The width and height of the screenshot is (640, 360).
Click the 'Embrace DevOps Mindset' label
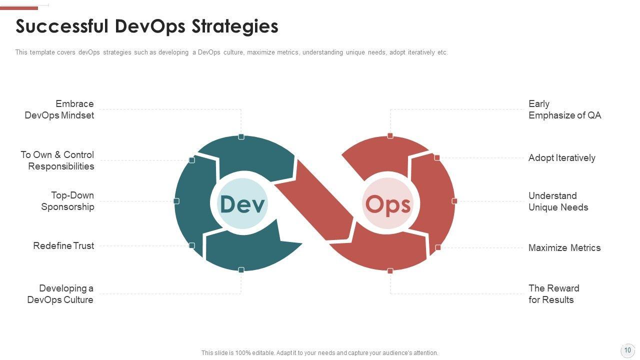(59, 109)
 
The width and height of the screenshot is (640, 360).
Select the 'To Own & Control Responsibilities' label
(57, 160)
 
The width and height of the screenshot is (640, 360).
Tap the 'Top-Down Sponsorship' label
(67, 201)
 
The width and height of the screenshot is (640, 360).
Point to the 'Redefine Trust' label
(63, 245)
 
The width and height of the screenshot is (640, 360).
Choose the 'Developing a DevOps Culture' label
(60, 294)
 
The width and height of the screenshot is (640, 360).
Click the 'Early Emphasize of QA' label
(564, 109)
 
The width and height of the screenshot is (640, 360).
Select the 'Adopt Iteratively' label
(561, 157)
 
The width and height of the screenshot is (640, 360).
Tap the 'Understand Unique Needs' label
(558, 201)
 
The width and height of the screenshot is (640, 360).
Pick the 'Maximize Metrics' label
(564, 247)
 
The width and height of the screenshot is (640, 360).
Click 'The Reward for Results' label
(553, 294)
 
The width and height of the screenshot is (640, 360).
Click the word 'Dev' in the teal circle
(242, 204)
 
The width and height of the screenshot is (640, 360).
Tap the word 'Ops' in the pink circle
(387, 205)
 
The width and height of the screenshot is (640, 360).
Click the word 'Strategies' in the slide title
(234, 26)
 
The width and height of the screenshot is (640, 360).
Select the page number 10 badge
(627, 350)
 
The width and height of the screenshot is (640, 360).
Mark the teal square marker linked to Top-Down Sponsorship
(176, 201)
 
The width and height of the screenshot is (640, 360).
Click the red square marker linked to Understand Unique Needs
(454, 201)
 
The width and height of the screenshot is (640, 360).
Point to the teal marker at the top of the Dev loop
(241, 137)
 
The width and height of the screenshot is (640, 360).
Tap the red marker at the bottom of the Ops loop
(390, 271)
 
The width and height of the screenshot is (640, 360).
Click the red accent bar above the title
(19, 8)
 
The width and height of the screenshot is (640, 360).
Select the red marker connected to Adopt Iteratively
(437, 157)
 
